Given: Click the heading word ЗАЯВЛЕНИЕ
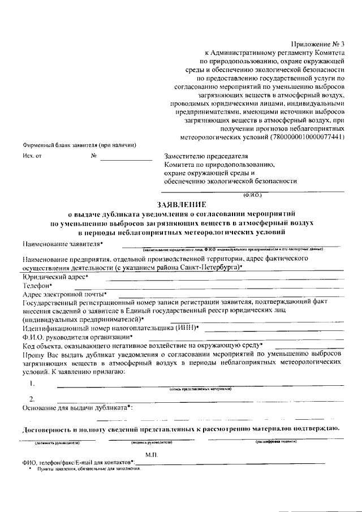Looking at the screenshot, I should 181,204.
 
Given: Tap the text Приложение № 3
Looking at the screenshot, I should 321,44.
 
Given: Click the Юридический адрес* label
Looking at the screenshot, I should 55,277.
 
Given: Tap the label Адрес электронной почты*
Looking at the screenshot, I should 64,294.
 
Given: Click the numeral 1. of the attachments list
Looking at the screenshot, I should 33,383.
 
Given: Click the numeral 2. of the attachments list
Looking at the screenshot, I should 33,399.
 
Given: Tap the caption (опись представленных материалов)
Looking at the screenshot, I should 201,389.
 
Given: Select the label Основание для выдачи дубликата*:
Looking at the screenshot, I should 77,407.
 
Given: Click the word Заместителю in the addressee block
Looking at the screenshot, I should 186,156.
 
